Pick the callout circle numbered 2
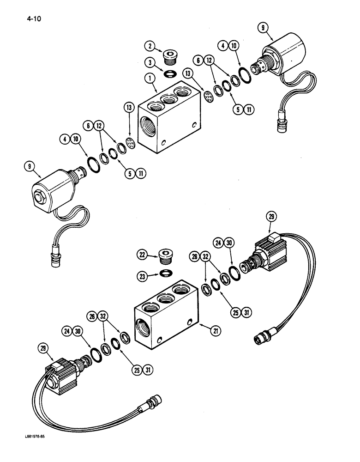[149, 46]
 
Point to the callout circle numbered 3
[149, 62]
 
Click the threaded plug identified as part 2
[169, 58]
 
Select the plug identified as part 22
[165, 256]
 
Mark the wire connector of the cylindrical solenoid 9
[281, 125]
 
